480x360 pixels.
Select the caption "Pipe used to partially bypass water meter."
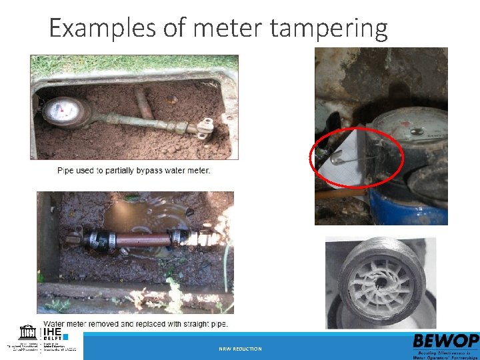point(133,171)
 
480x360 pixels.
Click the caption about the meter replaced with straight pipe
point(135,324)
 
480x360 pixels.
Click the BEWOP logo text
point(444,341)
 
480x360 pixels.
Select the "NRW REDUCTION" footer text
point(240,349)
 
